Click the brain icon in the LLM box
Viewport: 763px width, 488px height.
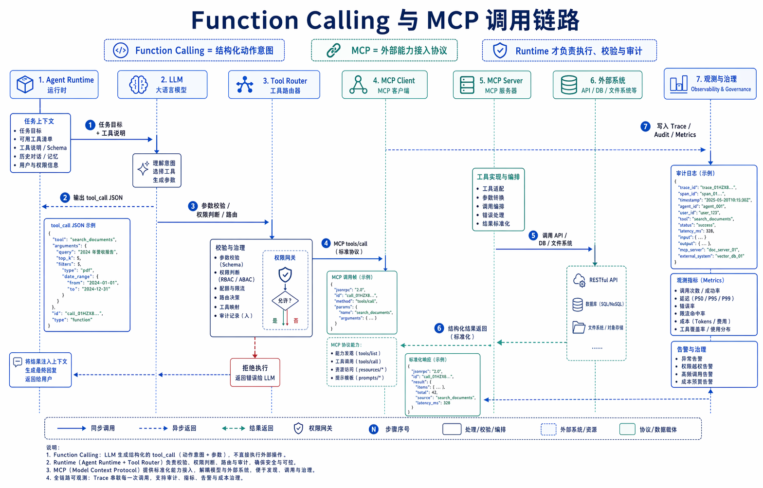tap(138, 85)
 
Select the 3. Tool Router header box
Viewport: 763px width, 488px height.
tap(274, 85)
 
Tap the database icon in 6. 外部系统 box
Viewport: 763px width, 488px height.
tap(568, 85)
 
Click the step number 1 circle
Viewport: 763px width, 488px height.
tap(90, 125)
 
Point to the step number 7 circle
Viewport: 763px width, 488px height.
tap(645, 127)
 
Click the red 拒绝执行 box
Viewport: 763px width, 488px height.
tap(255, 373)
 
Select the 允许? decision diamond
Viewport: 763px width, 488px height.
tap(285, 301)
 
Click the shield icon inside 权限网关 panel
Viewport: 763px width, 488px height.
tap(285, 275)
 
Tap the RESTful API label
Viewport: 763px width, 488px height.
tap(603, 280)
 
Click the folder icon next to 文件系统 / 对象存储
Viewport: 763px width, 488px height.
tap(579, 327)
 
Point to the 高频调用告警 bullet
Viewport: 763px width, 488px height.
tap(696, 374)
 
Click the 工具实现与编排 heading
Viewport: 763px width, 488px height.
tap(498, 177)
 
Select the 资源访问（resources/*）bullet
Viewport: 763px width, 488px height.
tap(361, 370)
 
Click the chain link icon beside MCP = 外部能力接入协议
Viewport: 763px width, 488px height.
tap(333, 51)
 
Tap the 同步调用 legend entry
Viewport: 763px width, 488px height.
tap(103, 429)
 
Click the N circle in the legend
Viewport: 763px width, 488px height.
tap(373, 429)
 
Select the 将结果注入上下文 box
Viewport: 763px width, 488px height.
tap(41, 370)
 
